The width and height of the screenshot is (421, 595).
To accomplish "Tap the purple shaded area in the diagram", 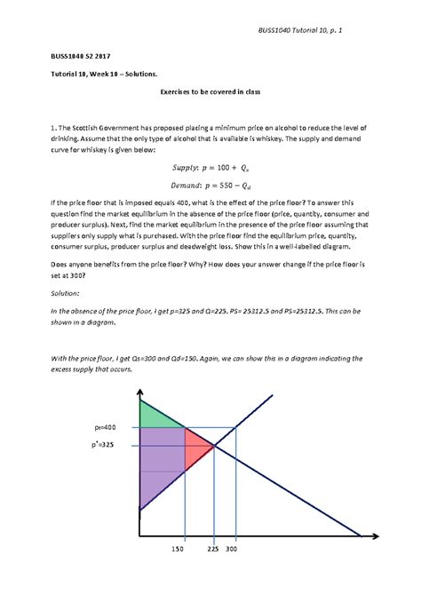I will coord(160,462).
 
